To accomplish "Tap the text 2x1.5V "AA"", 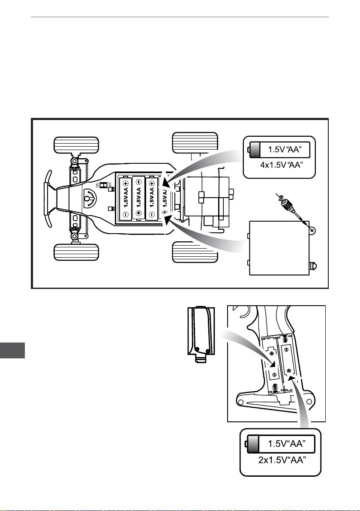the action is coord(282,460).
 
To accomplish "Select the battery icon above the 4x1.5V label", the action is coord(279,150).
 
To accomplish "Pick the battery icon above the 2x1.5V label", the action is coord(280,444).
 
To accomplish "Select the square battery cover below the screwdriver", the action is coord(279,248).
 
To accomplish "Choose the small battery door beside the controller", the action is coord(201,331).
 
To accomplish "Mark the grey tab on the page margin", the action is coord(12,350).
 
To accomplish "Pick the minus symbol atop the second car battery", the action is coord(139,182).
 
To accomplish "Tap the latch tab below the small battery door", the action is coord(201,358).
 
